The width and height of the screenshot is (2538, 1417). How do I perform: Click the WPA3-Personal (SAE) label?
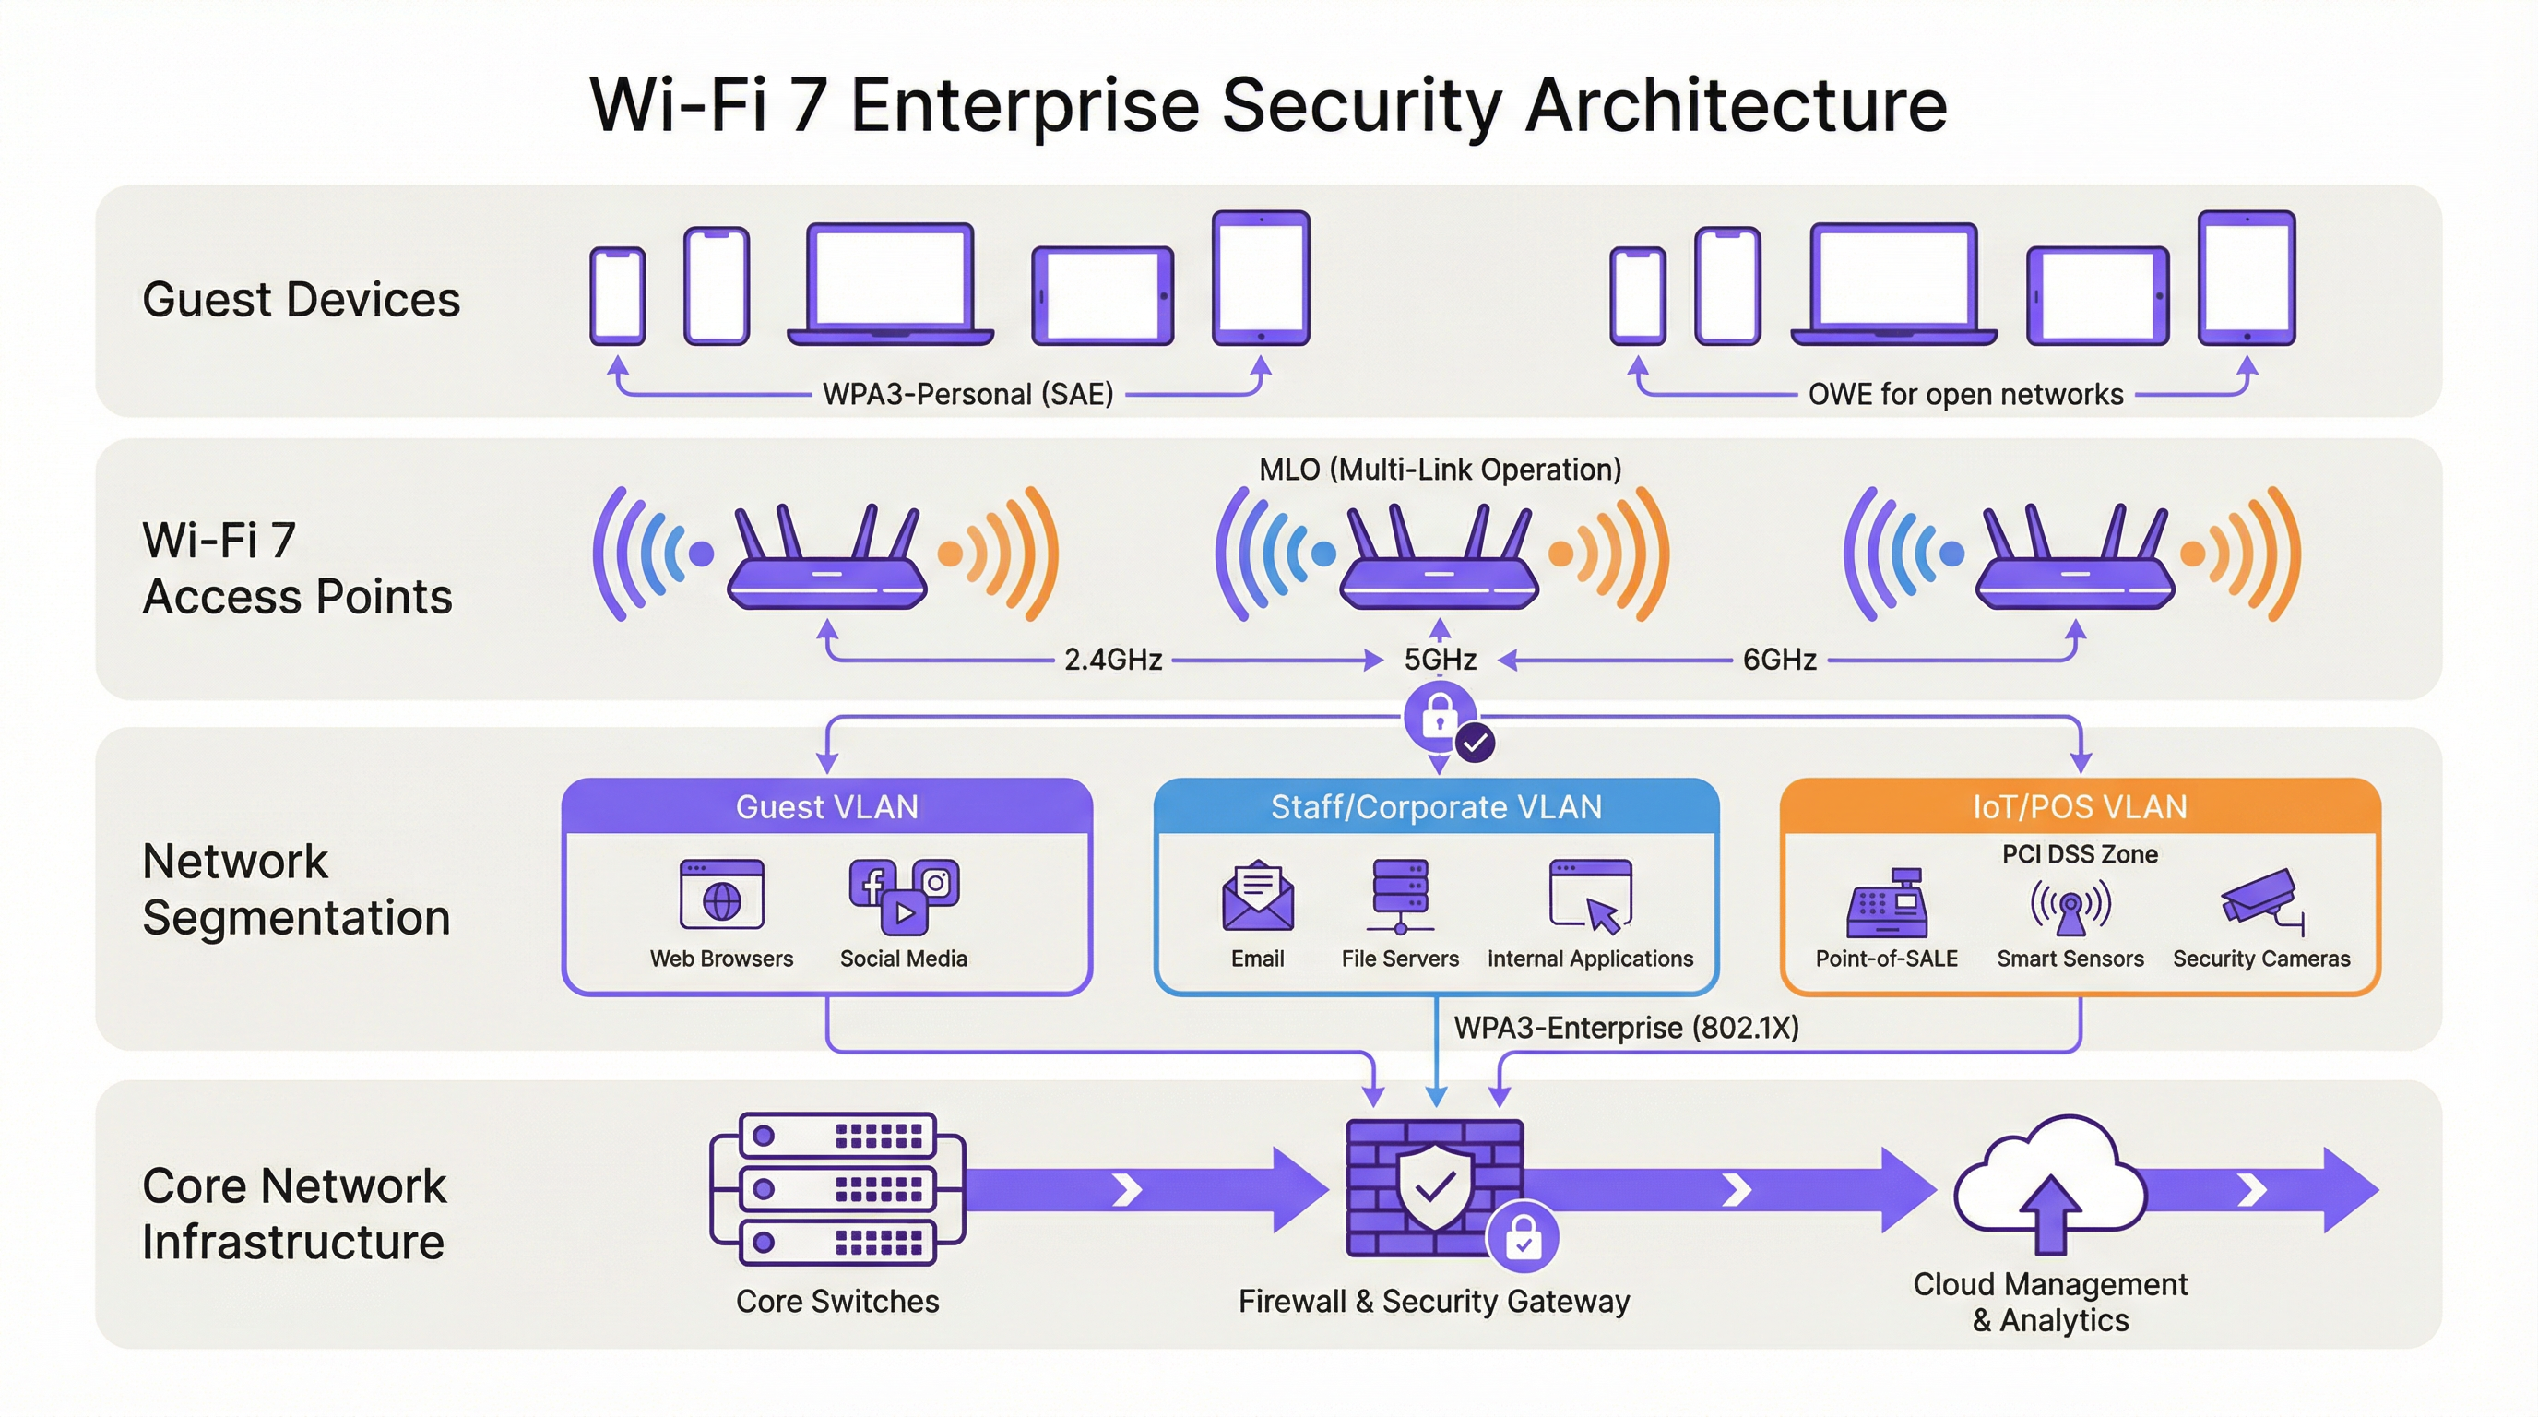click(967, 394)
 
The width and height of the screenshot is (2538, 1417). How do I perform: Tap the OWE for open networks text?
click(1964, 394)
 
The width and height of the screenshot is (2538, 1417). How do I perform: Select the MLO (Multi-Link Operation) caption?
click(1440, 469)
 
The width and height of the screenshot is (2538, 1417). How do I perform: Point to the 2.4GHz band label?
click(1113, 660)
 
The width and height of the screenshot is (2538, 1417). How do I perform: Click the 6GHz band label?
click(1778, 660)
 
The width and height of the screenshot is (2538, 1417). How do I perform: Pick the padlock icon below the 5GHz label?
click(1440, 717)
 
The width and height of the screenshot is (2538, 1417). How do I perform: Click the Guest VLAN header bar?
click(826, 807)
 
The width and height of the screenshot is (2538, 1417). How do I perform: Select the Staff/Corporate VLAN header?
click(1436, 807)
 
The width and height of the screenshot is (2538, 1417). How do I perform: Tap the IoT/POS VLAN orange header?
click(2079, 807)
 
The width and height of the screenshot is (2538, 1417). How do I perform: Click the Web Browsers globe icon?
click(721, 895)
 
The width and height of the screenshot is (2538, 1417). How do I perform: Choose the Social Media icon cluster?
click(904, 895)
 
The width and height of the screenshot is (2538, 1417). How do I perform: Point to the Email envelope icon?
click(1257, 897)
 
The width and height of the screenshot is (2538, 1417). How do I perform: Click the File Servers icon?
click(1400, 895)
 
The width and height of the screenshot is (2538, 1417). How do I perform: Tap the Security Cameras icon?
click(2261, 899)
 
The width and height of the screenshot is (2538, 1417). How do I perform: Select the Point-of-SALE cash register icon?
click(1887, 901)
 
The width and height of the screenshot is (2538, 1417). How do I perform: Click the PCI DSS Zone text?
click(2079, 854)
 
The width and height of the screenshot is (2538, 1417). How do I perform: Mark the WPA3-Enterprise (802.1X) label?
click(1626, 1028)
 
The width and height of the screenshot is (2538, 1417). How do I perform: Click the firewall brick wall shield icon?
click(1434, 1187)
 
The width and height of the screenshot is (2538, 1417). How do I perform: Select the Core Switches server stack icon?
click(836, 1188)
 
